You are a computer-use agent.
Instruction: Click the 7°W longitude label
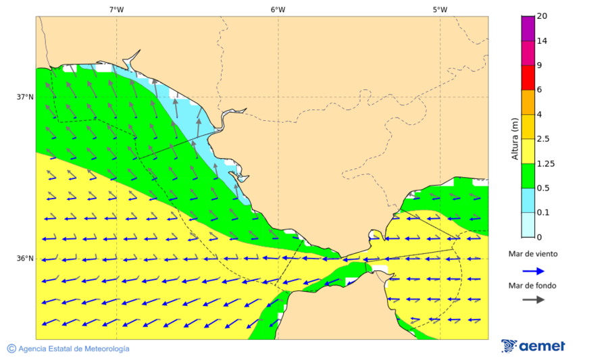116,9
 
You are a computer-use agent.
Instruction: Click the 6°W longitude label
278,9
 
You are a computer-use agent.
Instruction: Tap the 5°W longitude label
440,9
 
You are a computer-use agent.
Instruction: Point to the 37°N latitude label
25,97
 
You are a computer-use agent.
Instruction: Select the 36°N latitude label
25,259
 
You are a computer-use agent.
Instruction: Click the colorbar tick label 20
542,16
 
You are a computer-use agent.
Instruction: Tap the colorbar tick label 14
542,41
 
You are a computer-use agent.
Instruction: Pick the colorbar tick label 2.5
543,139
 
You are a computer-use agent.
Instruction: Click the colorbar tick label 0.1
543,213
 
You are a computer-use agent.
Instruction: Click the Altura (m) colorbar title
515,138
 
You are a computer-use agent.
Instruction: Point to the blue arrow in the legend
533,271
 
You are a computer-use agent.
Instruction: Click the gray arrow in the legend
533,299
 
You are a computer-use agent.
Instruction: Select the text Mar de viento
533,254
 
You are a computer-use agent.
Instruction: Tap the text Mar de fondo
533,285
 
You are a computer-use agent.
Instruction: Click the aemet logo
533,346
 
